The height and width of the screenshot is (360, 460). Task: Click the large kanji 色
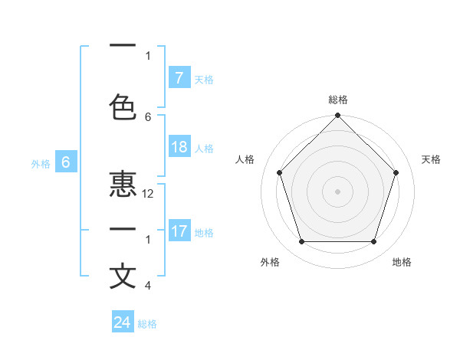[123, 107]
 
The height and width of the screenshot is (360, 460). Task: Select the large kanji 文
[123, 276]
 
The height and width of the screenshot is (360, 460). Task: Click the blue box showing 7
[179, 78]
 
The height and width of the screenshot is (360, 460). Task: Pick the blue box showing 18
[179, 147]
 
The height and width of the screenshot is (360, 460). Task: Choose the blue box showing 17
[179, 231]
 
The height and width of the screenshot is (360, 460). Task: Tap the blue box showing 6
[66, 162]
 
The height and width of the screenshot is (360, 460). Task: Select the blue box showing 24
[123, 322]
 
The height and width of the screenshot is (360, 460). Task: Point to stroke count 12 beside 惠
[149, 195]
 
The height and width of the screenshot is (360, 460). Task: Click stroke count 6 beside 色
[149, 117]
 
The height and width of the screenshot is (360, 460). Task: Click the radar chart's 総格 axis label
[337, 100]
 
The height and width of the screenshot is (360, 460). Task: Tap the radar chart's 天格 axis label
[431, 159]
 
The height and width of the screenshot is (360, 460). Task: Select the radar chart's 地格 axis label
[402, 262]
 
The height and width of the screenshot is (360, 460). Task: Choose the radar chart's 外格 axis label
[270, 262]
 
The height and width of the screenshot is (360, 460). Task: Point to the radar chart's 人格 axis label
[245, 159]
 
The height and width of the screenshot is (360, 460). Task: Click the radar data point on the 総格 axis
[337, 116]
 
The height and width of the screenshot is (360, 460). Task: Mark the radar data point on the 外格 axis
[301, 242]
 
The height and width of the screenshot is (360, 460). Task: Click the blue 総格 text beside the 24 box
[147, 324]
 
